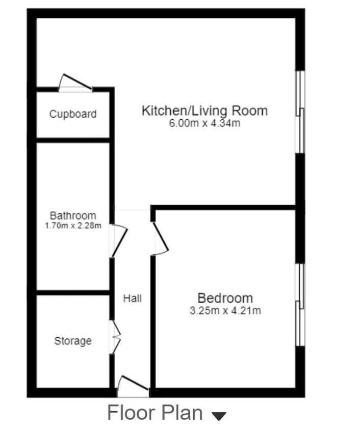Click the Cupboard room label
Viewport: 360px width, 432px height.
72,114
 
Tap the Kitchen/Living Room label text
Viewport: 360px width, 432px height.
204,111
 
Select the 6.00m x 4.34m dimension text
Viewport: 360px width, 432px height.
204,123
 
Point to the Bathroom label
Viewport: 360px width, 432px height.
72,215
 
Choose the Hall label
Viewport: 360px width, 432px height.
132,299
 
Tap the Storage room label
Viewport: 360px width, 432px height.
72,341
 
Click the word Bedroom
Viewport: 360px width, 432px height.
225,298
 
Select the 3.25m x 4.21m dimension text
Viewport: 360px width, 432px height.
225,310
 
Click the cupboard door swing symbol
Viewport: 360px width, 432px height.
75,83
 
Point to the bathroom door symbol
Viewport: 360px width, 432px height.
119,240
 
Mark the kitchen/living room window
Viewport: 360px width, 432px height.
300,112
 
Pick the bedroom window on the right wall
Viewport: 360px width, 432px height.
300,305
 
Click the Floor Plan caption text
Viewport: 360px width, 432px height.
155,413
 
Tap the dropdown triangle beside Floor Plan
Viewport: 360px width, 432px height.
218,416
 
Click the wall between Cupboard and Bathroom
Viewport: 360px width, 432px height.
73,140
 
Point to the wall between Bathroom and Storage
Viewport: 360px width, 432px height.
73,293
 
